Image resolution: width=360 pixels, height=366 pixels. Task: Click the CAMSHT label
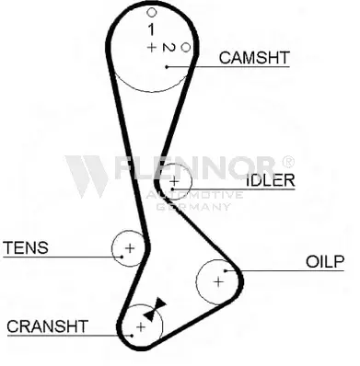coord(254,57)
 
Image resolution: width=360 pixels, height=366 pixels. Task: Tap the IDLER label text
coord(271,180)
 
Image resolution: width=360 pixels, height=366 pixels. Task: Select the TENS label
coord(26,247)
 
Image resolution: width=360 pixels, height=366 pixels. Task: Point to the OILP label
coord(325,261)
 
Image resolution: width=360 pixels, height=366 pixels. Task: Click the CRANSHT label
coord(48,326)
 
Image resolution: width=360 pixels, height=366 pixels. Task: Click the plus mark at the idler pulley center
coord(174,181)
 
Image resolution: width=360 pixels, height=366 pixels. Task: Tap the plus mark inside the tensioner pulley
coord(130,248)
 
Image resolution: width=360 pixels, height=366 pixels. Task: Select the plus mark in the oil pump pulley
coord(218,281)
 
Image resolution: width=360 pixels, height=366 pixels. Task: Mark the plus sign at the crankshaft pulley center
coord(141,327)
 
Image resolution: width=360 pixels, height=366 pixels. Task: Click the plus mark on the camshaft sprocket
coord(151,47)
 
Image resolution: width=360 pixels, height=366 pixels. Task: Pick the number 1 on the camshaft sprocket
coord(151,29)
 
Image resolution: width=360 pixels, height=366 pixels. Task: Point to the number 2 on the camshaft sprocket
coord(168,48)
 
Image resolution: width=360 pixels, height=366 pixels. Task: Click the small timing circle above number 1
coord(152,13)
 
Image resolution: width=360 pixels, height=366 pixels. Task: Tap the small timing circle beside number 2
coord(186,48)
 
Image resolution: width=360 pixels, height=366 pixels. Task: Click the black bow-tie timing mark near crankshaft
coord(155,309)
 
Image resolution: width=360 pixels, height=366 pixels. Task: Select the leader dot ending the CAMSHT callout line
coord(167,66)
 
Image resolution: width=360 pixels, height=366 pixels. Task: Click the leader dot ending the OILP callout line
coord(226,270)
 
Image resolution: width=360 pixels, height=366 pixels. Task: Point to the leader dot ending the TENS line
coord(122,257)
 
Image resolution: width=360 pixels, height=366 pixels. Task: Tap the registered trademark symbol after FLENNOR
coord(288,162)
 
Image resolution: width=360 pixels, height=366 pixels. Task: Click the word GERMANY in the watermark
coord(193,207)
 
